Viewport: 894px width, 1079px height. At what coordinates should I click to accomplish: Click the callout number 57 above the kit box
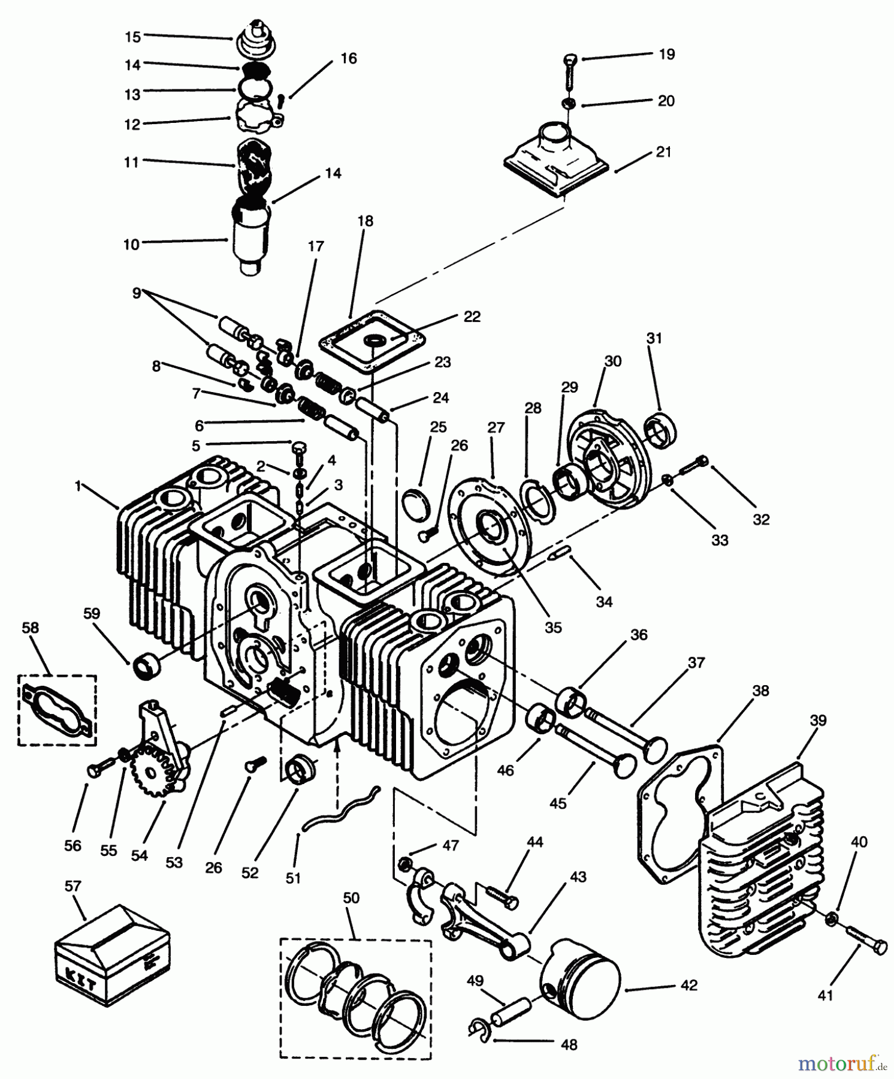(73, 886)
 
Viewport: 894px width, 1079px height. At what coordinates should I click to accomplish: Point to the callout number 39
(818, 720)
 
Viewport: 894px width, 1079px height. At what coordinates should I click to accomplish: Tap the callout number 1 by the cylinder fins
(77, 486)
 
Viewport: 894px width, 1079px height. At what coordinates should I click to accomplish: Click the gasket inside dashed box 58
(57, 710)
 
